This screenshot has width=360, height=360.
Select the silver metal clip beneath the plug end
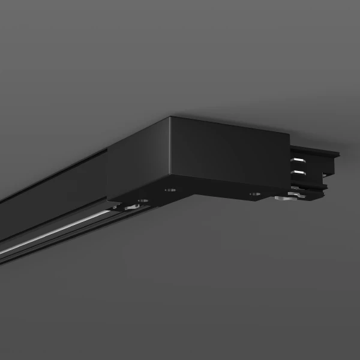tap(283, 197)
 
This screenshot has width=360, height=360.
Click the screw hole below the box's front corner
tap(170, 190)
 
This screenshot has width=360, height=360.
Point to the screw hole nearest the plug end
tap(254, 194)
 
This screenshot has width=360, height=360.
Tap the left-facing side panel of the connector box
tap(138, 162)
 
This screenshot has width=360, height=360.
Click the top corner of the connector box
tap(170, 118)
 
